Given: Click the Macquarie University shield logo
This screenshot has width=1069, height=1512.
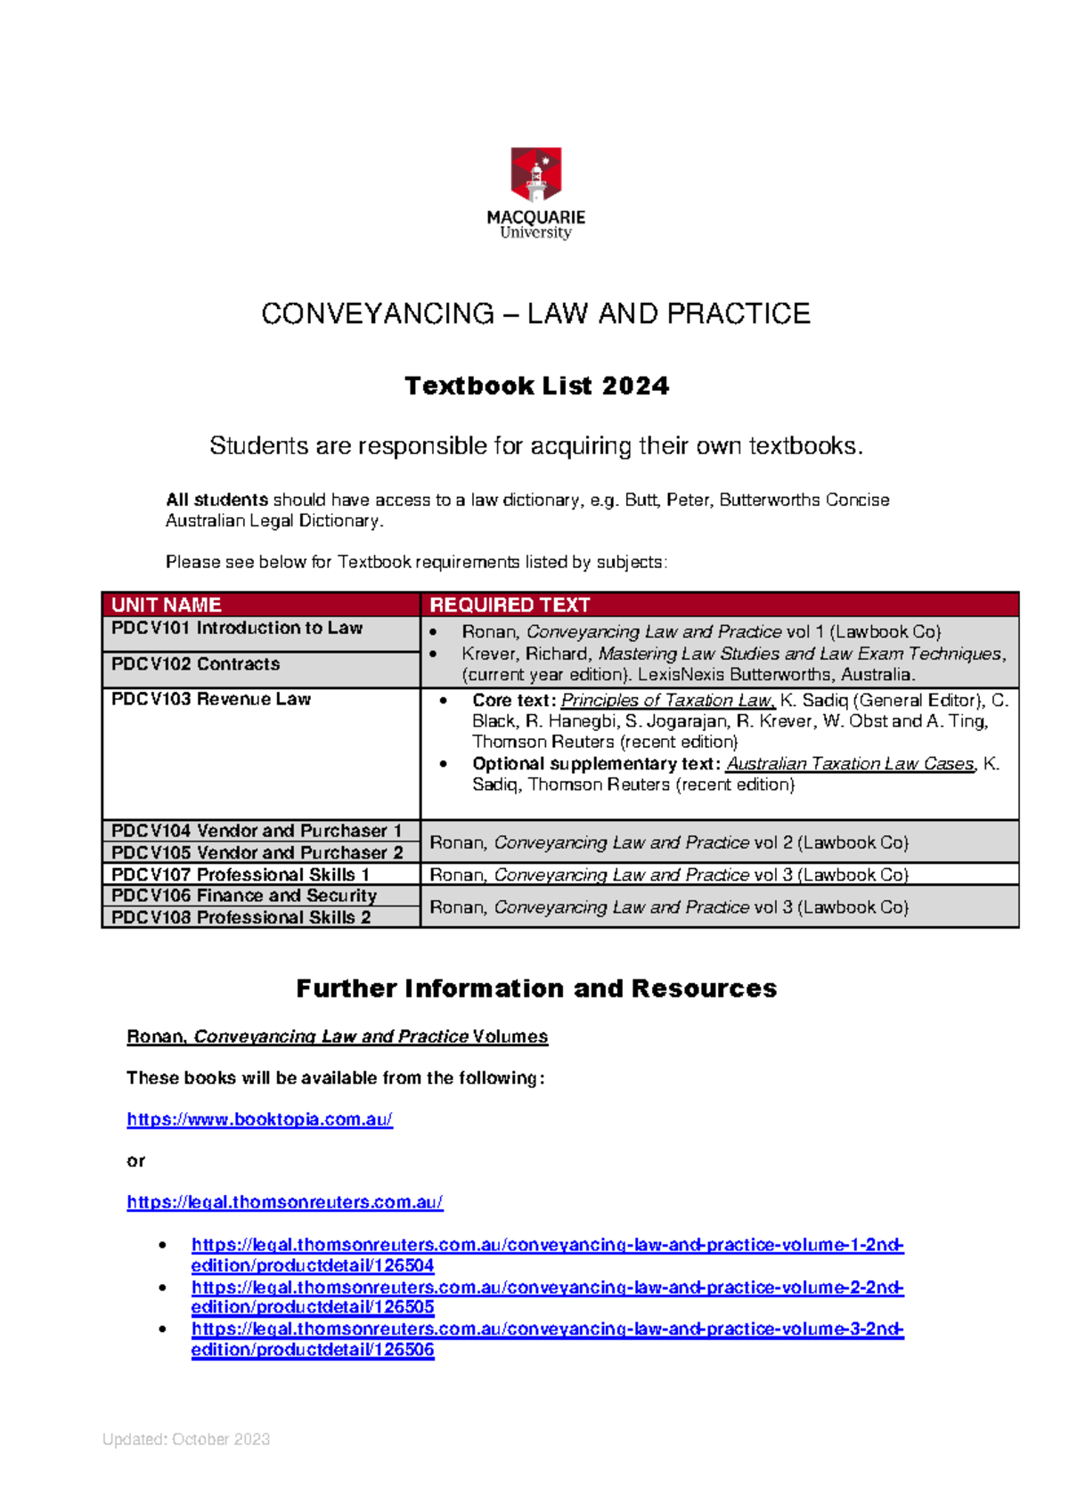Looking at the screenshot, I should coord(535,175).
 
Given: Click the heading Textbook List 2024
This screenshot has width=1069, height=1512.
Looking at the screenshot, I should coord(536,386).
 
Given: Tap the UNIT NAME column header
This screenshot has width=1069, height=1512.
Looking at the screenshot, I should coord(167,605).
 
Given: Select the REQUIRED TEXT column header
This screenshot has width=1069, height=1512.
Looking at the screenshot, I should coord(510,605).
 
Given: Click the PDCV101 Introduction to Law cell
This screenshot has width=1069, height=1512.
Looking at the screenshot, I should coord(237,628).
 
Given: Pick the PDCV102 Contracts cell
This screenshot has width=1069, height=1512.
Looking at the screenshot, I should coord(196,664).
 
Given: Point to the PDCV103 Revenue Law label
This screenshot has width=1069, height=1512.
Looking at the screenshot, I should coord(211,699).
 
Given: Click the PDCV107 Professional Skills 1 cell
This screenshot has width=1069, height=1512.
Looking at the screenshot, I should coord(241,874).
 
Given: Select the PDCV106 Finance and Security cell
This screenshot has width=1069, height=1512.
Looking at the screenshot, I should coord(244,896).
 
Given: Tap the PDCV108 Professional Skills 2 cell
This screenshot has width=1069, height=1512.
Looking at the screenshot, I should coord(241,917).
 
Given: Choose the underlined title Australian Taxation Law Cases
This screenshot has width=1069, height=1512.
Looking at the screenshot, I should coord(851,764).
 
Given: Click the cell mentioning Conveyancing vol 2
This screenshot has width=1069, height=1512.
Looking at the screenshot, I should coord(668,842).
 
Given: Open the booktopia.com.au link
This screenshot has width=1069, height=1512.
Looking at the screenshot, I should coord(259,1119).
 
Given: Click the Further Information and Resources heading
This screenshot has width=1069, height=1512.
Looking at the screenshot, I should coord(536,988).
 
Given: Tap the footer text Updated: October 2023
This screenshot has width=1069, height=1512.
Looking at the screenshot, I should coord(186,1439).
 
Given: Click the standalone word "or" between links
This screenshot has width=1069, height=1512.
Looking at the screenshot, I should coord(135,1161).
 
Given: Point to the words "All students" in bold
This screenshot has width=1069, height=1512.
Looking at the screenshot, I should coord(216,500).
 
